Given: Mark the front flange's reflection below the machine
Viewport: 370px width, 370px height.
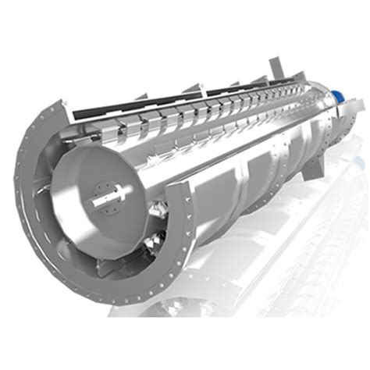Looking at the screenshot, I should [x=156, y=312].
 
